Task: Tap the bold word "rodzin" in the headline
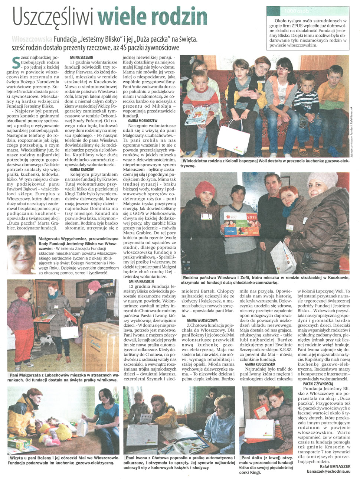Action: point(183,17)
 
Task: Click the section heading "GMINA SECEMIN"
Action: point(82,58)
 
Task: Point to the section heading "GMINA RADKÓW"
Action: point(82,169)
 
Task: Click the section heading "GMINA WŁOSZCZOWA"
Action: point(202,320)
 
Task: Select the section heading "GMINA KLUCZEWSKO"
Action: point(260,364)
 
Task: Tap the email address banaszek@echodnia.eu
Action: point(328,471)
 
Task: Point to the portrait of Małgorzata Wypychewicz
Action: point(22,255)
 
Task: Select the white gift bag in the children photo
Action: point(233,140)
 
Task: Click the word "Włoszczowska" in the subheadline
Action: point(32,38)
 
